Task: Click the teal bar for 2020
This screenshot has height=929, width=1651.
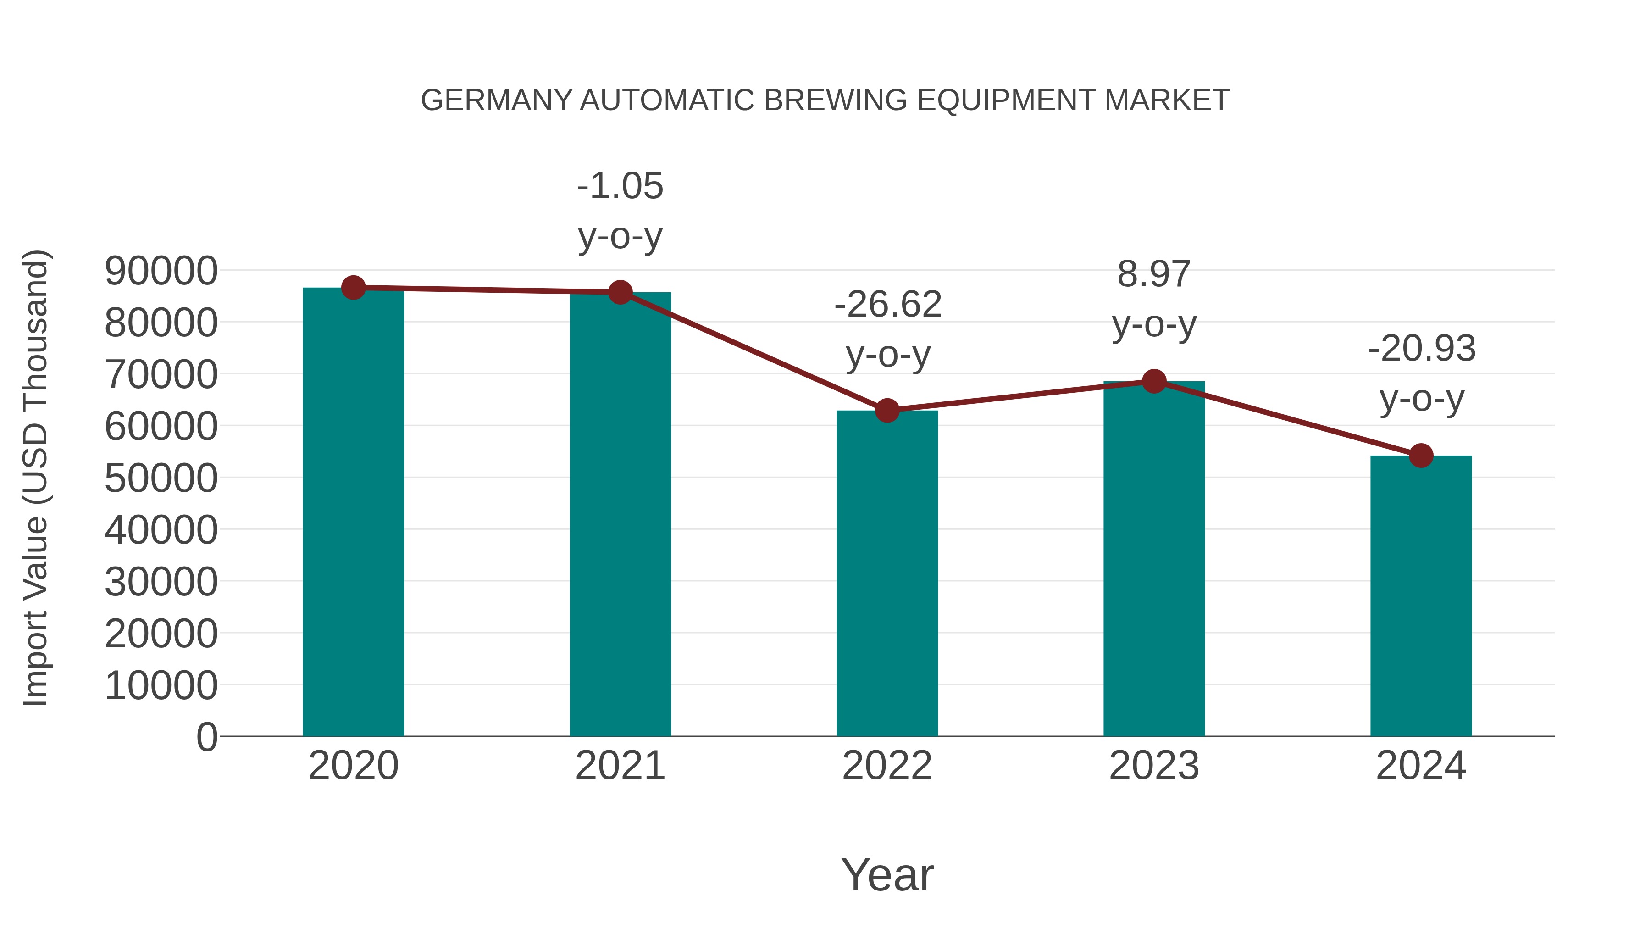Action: pyautogui.click(x=353, y=513)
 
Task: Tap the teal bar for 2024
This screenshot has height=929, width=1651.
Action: pyautogui.click(x=1421, y=596)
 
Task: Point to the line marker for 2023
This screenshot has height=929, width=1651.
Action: pyautogui.click(x=1154, y=382)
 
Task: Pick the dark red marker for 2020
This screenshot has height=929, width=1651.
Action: pyautogui.click(x=353, y=288)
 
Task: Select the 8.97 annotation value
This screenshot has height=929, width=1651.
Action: pyautogui.click(x=1154, y=274)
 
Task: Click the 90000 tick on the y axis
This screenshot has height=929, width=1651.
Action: pyautogui.click(x=161, y=271)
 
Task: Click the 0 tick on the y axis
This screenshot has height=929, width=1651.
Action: pyautogui.click(x=206, y=737)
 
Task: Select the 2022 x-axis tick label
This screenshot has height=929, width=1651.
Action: pyautogui.click(x=887, y=766)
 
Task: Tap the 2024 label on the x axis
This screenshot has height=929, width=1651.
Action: pyautogui.click(x=1421, y=766)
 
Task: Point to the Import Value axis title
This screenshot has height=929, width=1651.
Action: pyautogui.click(x=36, y=478)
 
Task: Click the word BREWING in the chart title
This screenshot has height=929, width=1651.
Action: pyautogui.click(x=835, y=100)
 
